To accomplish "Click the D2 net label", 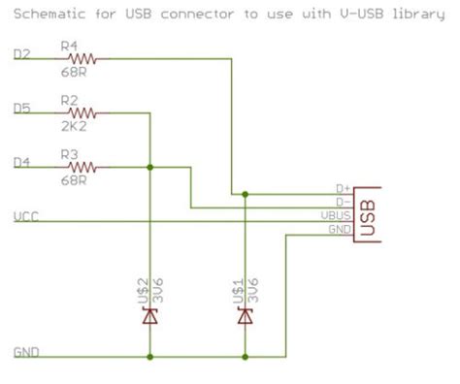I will click(x=21, y=53).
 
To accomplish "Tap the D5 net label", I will click(x=21, y=109).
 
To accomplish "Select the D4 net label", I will click(x=21, y=163).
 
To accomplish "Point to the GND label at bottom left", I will click(x=25, y=352).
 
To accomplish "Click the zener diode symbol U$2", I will click(x=149, y=316).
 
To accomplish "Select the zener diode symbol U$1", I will click(x=245, y=316).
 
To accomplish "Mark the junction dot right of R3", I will click(x=149, y=168).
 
